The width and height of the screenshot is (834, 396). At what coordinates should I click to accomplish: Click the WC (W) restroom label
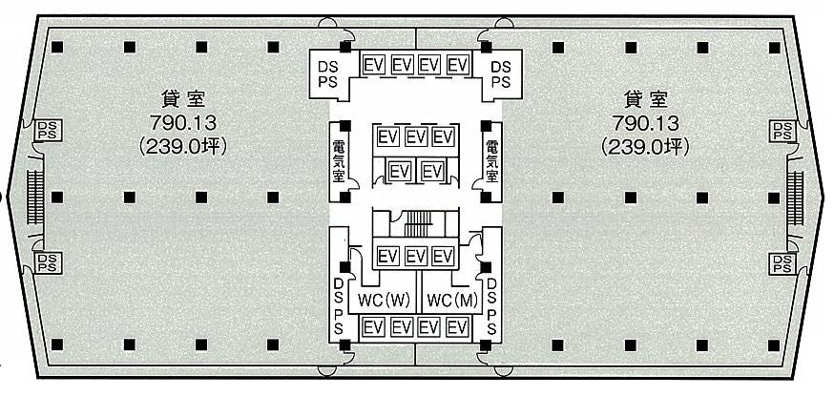384,301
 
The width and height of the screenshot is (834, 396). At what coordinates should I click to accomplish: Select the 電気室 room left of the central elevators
339,161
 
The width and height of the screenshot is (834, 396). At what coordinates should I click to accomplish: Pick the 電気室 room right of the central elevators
490,161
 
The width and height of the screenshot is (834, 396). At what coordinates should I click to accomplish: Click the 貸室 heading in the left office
183,99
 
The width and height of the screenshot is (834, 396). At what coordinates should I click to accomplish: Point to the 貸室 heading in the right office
645,99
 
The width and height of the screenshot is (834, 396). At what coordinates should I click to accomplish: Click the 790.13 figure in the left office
183,123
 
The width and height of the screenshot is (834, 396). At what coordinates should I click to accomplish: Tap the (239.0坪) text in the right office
645,147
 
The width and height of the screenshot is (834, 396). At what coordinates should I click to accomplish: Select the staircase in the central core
418,223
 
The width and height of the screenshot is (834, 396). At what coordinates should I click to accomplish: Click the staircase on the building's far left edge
35,198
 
